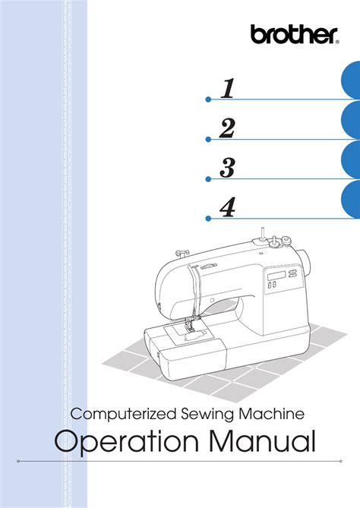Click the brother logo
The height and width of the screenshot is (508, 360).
click(x=294, y=34)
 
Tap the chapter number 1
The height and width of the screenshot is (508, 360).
click(x=228, y=88)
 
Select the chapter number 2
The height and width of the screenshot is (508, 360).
click(x=227, y=128)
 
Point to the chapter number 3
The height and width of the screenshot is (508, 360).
click(x=227, y=168)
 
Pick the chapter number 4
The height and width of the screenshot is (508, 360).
click(x=227, y=207)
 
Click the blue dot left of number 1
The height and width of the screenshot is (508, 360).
click(x=208, y=99)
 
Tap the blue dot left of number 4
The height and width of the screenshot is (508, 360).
click(x=208, y=219)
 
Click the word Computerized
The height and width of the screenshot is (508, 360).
click(x=124, y=415)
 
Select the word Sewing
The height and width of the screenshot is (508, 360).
click(x=207, y=415)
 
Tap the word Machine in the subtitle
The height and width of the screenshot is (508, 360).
click(x=272, y=414)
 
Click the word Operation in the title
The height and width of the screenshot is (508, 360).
click(x=126, y=442)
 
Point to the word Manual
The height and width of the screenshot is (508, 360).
click(x=262, y=440)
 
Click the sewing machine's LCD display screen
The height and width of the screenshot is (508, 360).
click(x=276, y=276)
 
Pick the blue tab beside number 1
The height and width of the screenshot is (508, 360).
click(x=351, y=80)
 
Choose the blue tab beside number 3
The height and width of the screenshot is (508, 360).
click(x=351, y=159)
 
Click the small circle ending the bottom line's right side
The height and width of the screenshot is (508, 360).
click(x=341, y=461)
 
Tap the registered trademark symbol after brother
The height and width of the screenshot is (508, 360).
click(x=337, y=42)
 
